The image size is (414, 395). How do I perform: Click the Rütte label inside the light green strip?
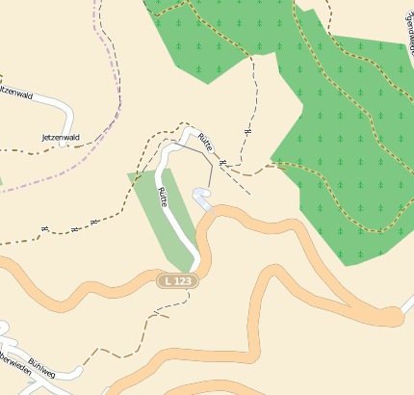pos(163,198)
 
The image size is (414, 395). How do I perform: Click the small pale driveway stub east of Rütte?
pos(203,197)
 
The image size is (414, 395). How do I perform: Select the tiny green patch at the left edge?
pos(1,179)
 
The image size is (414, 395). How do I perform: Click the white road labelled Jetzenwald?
pos(48,103)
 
